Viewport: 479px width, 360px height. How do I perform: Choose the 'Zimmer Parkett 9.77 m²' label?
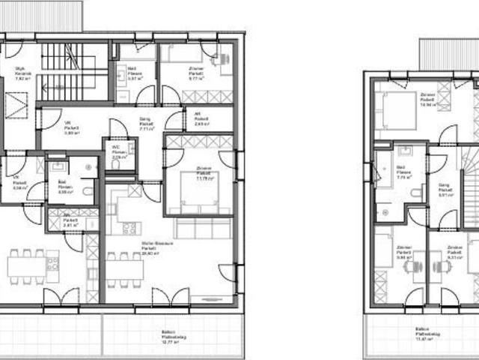coord(197,72)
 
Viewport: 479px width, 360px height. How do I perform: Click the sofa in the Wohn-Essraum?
coord(203,227)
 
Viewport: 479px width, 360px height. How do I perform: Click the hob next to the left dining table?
coord(52,264)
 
